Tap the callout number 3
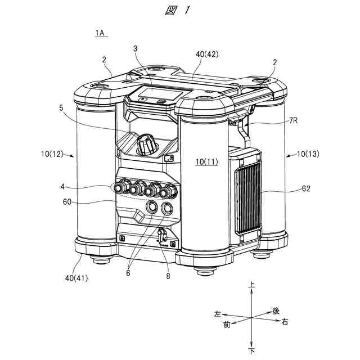click(x=136, y=49)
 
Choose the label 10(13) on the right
click(x=304, y=154)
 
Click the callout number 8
click(x=168, y=276)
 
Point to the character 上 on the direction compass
click(x=251, y=286)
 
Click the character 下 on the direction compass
click(x=251, y=350)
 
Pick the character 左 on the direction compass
click(x=217, y=313)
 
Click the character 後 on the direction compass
click(x=276, y=310)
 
